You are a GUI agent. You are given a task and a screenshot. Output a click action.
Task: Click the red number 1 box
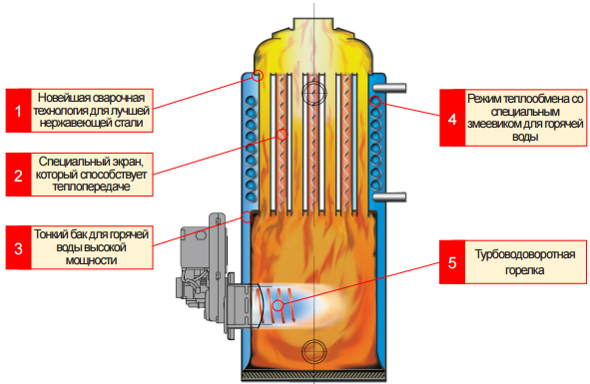[18, 111]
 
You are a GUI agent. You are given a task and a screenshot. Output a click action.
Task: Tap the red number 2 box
[18, 175]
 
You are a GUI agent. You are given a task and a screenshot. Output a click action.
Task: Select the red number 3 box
[18, 247]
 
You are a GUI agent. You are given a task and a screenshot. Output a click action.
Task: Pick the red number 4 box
[452, 118]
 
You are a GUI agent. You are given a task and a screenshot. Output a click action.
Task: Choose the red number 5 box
[452, 261]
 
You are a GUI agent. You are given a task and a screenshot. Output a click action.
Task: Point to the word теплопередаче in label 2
[92, 187]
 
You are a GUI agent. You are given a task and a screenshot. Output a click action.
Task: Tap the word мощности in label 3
[92, 260]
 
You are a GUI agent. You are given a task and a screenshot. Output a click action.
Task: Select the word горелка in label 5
[525, 270]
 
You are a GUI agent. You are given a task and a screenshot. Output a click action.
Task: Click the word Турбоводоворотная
[525, 254]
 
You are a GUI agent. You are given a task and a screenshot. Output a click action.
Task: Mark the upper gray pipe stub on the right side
[389, 88]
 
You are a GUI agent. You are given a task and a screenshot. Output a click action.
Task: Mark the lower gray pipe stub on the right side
[389, 196]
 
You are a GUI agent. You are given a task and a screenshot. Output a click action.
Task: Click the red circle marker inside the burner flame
[279, 305]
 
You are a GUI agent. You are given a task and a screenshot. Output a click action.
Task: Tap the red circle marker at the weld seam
[258, 76]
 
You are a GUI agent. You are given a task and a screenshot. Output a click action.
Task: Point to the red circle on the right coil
[375, 101]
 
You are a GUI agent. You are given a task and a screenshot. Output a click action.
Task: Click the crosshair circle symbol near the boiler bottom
[313, 351]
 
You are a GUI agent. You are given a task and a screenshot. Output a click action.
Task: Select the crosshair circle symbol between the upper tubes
[313, 92]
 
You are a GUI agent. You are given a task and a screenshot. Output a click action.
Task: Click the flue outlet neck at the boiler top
[313, 26]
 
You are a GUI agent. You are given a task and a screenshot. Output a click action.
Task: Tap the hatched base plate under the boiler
[313, 376]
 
